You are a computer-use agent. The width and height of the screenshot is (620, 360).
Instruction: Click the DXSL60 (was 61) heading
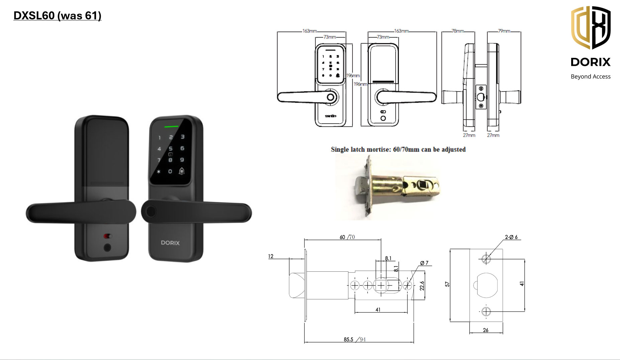click(x=57, y=16)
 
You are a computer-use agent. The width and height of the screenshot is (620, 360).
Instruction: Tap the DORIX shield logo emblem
click(x=591, y=27)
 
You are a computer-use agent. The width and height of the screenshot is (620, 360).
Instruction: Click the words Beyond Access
click(x=591, y=77)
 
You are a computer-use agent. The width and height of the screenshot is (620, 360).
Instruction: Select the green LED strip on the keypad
click(x=171, y=127)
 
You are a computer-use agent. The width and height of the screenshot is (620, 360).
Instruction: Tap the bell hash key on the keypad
click(x=182, y=171)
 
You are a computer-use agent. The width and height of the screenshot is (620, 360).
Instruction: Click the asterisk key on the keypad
click(x=159, y=171)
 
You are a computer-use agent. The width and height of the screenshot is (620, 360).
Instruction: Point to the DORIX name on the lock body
click(x=170, y=243)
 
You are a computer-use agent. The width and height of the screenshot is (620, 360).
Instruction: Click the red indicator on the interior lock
click(x=107, y=236)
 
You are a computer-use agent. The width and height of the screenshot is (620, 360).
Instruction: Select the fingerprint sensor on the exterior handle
click(x=150, y=212)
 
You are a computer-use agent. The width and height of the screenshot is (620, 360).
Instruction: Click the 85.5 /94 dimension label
click(x=354, y=340)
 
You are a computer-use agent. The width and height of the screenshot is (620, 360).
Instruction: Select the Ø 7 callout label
click(x=424, y=263)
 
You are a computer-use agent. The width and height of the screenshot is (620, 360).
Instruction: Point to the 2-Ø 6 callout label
click(x=511, y=237)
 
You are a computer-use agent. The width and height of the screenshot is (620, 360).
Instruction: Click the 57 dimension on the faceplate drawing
click(x=447, y=284)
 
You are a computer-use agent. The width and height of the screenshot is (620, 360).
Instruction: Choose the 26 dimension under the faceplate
click(x=486, y=330)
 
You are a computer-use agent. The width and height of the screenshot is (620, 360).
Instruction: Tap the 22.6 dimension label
click(x=422, y=286)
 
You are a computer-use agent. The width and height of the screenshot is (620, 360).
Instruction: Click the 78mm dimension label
click(x=458, y=31)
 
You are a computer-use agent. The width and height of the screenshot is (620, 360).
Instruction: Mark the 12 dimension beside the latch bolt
click(x=271, y=256)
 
